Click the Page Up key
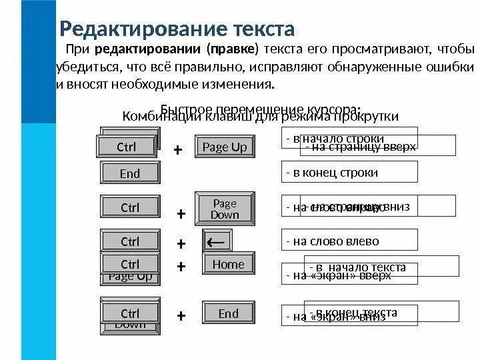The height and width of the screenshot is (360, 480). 224,147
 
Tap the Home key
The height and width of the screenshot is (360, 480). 228,265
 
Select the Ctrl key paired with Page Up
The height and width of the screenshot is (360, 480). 126,147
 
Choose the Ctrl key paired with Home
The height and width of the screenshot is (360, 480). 130,265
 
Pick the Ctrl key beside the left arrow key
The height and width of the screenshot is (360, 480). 130,241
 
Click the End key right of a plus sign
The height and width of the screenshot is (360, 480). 228,313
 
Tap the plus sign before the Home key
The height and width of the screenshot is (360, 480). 180,266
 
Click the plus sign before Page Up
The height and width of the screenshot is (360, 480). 177,151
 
